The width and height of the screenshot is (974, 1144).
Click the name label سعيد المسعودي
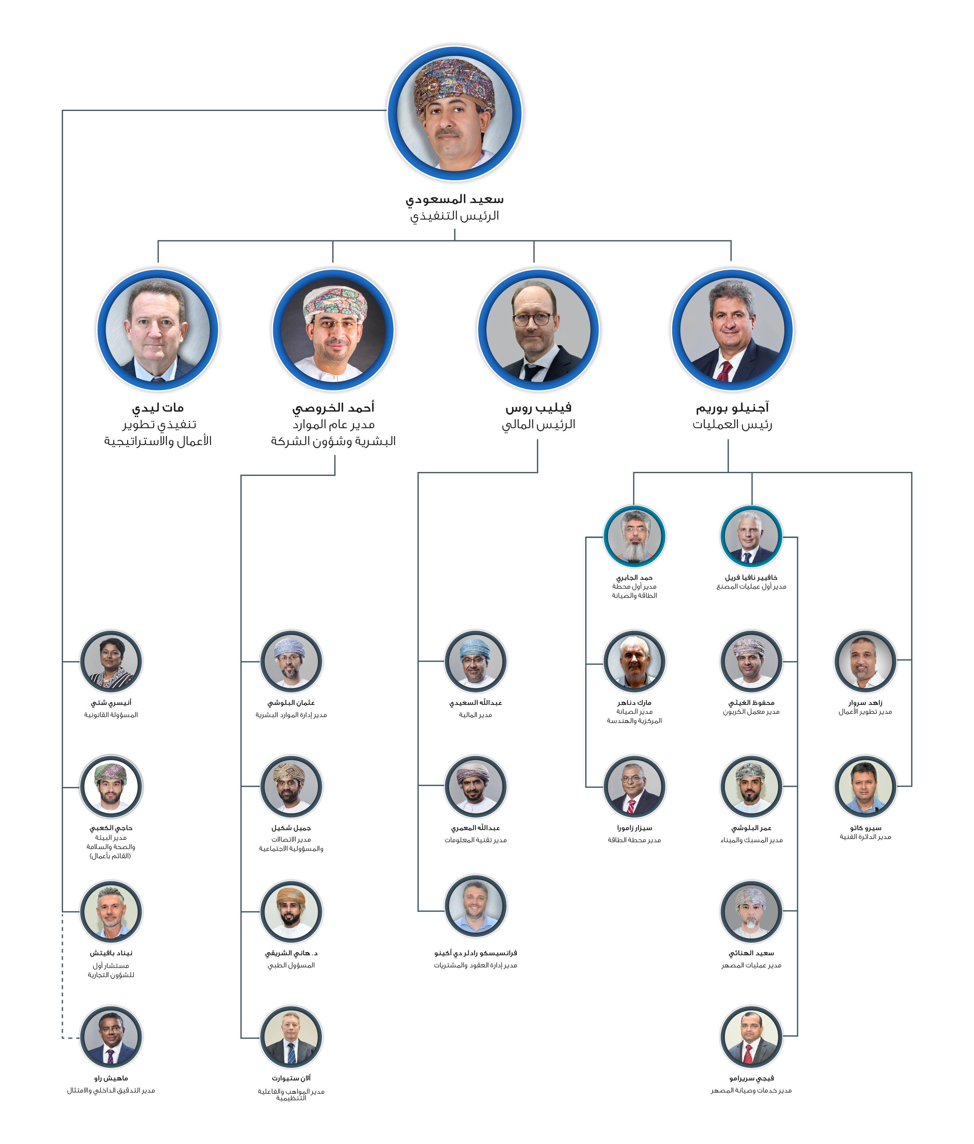click(x=454, y=199)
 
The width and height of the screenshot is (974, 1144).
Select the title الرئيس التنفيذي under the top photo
click(x=454, y=216)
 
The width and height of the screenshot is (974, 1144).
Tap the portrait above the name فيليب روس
click(x=538, y=330)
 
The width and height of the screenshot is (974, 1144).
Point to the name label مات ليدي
click(x=158, y=408)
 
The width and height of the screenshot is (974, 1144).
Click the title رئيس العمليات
click(x=732, y=425)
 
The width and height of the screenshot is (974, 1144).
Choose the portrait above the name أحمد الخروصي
click(x=333, y=330)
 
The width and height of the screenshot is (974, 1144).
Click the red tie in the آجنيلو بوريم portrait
click(x=724, y=371)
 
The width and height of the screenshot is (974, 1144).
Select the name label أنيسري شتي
click(x=111, y=703)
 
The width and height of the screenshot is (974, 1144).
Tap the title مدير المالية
click(x=475, y=715)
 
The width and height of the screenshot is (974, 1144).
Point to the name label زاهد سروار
click(x=865, y=703)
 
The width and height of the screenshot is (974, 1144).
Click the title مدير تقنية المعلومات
click(x=475, y=840)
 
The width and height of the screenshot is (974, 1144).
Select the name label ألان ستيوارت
click(x=291, y=1078)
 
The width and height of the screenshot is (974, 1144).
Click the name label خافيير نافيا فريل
click(x=751, y=578)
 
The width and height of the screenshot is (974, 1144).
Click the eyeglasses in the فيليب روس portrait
click(x=532, y=319)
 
